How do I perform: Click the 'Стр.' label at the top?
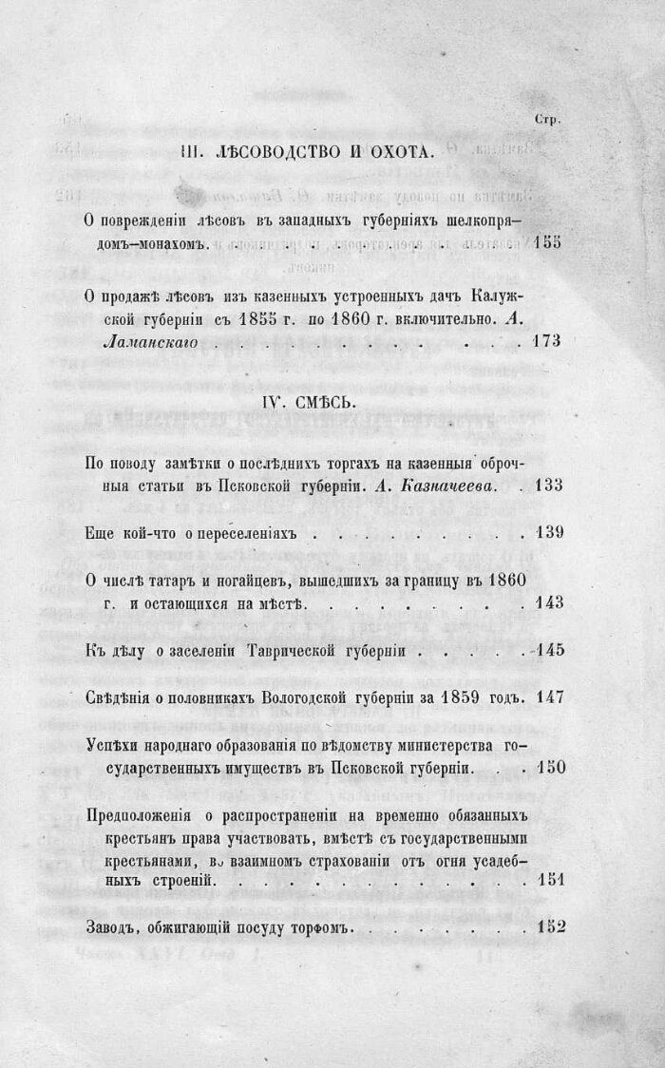(548, 121)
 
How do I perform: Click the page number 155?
(548, 242)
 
